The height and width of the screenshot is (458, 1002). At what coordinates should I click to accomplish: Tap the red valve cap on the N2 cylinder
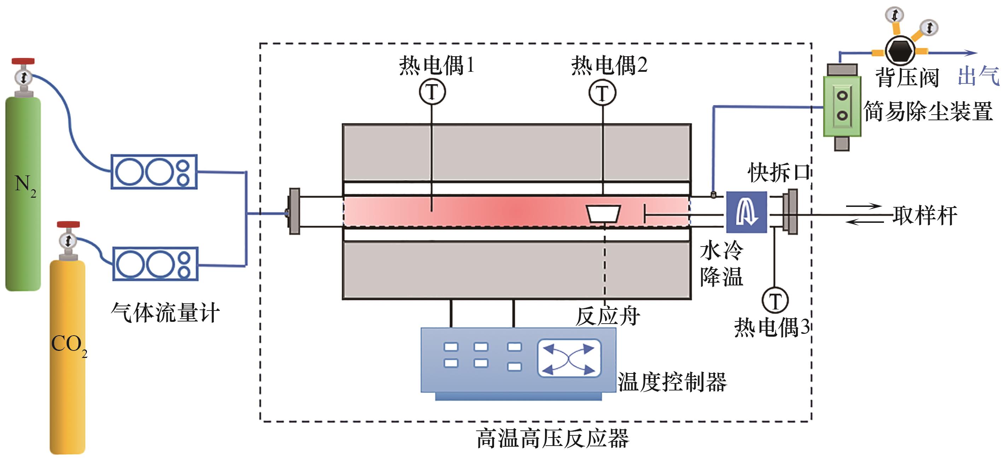23,61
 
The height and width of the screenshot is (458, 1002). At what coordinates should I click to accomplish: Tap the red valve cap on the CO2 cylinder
68,225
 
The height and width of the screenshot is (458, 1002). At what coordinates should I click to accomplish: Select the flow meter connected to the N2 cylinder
154,172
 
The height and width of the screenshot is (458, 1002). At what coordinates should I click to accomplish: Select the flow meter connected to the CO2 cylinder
155,263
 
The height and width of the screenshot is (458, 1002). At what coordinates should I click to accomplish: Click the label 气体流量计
165,313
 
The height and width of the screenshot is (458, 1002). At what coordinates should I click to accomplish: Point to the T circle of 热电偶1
432,92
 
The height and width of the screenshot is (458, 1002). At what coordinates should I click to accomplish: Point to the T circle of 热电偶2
602,93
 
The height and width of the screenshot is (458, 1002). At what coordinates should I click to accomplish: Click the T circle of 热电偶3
774,300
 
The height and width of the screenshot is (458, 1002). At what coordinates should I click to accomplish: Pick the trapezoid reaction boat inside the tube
603,214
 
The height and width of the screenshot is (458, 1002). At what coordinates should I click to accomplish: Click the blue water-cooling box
746,212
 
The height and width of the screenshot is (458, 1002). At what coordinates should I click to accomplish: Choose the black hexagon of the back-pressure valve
900,51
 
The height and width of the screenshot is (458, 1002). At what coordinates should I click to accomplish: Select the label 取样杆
925,215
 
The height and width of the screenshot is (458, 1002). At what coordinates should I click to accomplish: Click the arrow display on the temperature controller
569,358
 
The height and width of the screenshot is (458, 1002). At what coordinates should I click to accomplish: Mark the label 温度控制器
672,382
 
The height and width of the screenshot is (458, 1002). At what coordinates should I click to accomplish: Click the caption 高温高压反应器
552,438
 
